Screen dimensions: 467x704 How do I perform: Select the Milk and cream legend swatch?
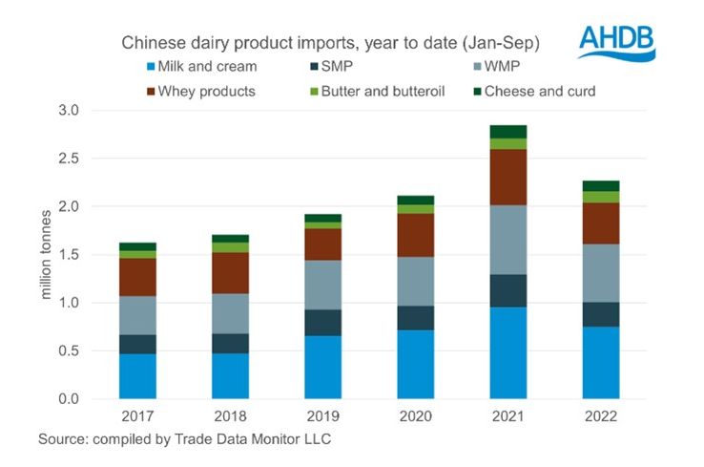tap(151, 67)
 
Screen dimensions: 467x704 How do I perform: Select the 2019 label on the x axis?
tap(324, 417)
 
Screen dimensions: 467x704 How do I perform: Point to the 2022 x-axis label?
tap(601, 417)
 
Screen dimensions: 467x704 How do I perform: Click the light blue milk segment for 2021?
tap(508, 352)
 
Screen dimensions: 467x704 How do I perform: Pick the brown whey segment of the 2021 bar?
tap(508, 177)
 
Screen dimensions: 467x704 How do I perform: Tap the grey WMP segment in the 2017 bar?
tap(138, 315)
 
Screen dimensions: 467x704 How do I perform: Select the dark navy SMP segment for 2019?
tap(323, 323)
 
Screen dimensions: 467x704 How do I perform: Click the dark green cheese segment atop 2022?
tap(601, 185)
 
